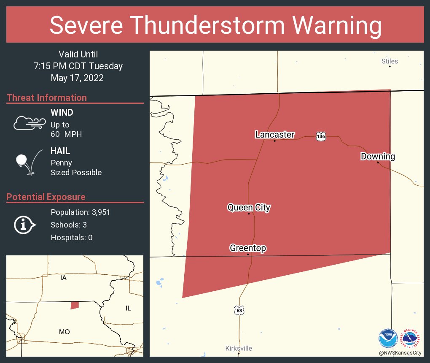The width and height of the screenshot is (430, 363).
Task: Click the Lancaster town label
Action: (x=274, y=135)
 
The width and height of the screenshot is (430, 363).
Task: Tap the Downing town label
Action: (x=378, y=157)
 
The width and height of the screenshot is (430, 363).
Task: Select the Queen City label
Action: (x=249, y=207)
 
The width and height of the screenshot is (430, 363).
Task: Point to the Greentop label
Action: (x=248, y=248)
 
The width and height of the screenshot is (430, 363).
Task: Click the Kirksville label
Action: (x=239, y=348)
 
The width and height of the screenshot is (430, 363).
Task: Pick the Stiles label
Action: (x=390, y=61)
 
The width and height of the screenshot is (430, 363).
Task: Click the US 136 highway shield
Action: (x=321, y=136)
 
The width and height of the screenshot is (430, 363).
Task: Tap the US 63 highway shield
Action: (x=239, y=310)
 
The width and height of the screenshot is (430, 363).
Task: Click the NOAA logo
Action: (x=388, y=338)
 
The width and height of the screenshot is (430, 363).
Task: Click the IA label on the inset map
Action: (x=63, y=278)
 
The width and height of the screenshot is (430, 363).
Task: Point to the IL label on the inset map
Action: (x=128, y=308)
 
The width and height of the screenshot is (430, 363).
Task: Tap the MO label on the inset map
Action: (x=64, y=332)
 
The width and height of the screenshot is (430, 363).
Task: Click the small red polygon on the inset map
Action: (x=75, y=305)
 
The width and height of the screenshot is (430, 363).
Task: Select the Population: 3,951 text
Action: (x=80, y=212)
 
